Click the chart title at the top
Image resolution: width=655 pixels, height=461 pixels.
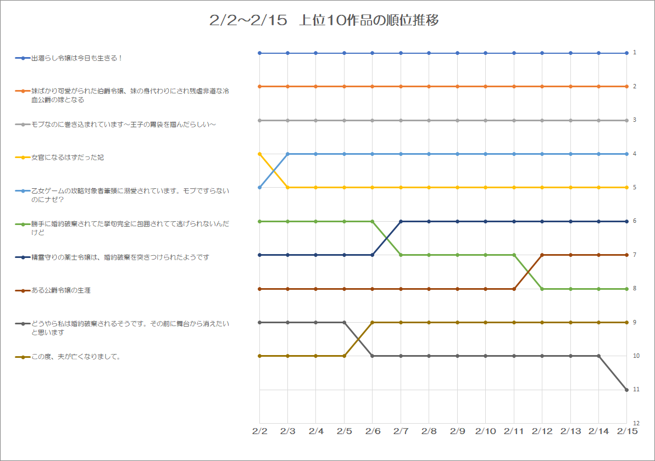[324, 21]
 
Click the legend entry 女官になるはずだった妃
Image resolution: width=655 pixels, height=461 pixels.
[68, 158]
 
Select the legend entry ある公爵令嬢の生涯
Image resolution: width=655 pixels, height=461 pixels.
[61, 290]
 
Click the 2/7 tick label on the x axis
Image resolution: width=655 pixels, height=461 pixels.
[401, 432]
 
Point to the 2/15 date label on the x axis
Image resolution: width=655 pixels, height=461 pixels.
[626, 432]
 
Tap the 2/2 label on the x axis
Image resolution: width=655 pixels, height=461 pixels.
[259, 432]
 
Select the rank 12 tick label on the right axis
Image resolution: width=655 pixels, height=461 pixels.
[635, 423]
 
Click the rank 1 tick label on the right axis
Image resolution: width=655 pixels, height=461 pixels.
[634, 53]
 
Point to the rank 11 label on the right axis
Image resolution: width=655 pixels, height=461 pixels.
[635, 389]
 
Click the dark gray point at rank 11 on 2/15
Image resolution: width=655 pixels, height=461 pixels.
[626, 390]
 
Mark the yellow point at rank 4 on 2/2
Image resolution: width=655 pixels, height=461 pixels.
[259, 154]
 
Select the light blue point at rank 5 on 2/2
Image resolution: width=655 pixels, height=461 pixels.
[259, 188]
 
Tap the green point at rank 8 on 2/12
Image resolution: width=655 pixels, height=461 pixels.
[542, 289]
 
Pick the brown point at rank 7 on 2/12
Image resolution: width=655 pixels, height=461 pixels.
[542, 255]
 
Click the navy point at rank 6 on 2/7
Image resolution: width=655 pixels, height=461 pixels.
[401, 221]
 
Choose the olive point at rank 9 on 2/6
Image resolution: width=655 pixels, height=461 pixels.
[373, 322]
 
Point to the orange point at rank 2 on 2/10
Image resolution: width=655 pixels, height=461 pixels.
[486, 87]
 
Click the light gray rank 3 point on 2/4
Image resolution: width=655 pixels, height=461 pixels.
[316, 120]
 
